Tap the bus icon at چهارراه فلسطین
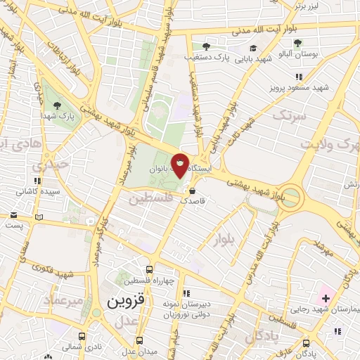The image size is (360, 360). click(149, 269)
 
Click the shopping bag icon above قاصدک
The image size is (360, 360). click(191, 189)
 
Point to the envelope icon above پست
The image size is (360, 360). click(38, 216)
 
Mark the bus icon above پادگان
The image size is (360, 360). click(304, 343)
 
